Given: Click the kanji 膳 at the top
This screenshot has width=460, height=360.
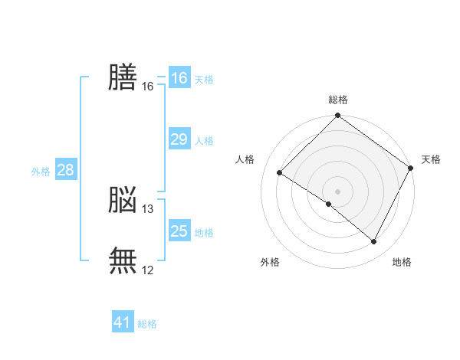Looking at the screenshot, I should (x=123, y=77).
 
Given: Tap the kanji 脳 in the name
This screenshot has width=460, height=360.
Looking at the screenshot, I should (x=123, y=201).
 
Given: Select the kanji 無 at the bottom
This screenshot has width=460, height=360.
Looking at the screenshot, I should (x=123, y=260).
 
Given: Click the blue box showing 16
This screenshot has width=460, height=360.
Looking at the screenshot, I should (x=179, y=78).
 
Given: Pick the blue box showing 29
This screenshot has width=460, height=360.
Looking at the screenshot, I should (x=179, y=139).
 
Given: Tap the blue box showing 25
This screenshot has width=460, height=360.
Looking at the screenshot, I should (x=179, y=231).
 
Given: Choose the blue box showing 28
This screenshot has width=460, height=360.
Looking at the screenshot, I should (x=65, y=170).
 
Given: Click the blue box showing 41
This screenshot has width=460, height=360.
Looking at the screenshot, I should (x=123, y=322).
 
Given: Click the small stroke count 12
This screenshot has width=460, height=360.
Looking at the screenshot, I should (x=148, y=270).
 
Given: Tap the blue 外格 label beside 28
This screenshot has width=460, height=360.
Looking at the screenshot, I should (x=41, y=172).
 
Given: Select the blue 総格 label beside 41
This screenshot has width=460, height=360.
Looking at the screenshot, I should (x=147, y=324).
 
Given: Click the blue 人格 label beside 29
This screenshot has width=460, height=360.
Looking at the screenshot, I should (x=204, y=141).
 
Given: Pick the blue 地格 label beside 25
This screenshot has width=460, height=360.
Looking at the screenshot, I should (x=204, y=233).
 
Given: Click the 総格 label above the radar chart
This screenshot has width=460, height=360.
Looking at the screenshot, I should (x=338, y=100).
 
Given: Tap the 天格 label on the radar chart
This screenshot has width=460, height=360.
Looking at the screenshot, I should (x=431, y=159).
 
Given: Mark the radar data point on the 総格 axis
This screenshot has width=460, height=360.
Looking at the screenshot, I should (x=338, y=116).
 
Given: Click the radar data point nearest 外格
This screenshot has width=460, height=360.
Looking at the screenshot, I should (x=329, y=204).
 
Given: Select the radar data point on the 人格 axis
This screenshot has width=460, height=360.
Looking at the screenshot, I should (x=280, y=172).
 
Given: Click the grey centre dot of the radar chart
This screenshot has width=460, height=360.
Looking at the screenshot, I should (x=338, y=191).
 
